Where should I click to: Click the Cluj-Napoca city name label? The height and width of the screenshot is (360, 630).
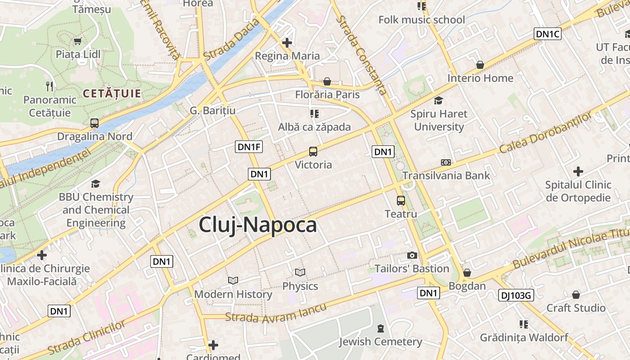tap(258, 225)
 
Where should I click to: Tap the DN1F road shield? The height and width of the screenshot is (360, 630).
tap(249, 147)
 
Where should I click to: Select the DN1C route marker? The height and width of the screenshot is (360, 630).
tap(548, 34)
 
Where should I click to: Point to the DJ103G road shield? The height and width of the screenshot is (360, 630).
tap(516, 295)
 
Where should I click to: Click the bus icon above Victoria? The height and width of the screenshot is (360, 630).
tap(313, 152)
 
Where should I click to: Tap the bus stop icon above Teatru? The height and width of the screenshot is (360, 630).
tap(400, 201)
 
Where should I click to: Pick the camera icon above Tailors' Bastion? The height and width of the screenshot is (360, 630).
tap(412, 256)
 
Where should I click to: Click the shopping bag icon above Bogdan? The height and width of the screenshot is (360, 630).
tap(467, 273)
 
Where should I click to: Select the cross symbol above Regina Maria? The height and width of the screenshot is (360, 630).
tap(287, 43)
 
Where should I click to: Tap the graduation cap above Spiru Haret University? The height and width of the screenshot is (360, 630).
tap(438, 100)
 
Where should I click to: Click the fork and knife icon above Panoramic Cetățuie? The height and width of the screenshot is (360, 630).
tap(49, 86)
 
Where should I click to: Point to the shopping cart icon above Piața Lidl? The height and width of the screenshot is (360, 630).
tap(78, 41)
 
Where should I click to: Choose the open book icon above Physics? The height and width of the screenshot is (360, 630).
tap(300, 273)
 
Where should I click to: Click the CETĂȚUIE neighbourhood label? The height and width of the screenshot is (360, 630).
tap(112, 94)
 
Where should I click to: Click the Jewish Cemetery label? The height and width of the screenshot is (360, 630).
tap(381, 342)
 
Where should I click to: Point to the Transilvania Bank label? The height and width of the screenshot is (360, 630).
tap(446, 175)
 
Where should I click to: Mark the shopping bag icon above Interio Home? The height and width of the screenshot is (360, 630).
tap(480, 65)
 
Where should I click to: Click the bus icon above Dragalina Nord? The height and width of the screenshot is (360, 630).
tap(94, 123)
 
